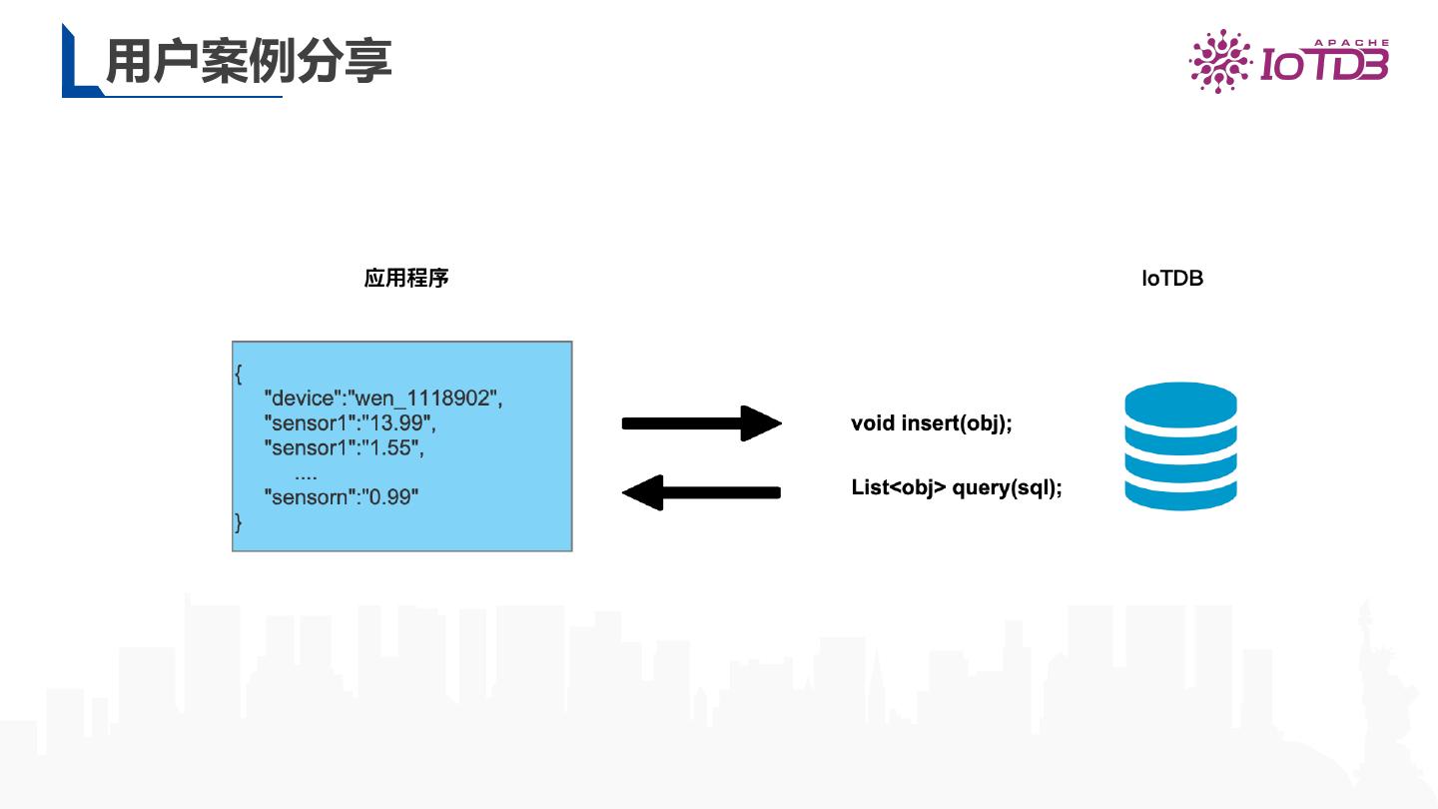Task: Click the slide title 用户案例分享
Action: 249,62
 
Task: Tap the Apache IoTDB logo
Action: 1288,62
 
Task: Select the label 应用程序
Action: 406,278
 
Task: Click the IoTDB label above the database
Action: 1172,279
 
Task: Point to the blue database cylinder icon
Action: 1180,447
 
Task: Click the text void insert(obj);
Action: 932,423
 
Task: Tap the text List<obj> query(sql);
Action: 956,488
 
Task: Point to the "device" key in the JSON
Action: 302,399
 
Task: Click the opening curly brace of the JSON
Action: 239,375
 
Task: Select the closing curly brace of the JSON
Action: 238,520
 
